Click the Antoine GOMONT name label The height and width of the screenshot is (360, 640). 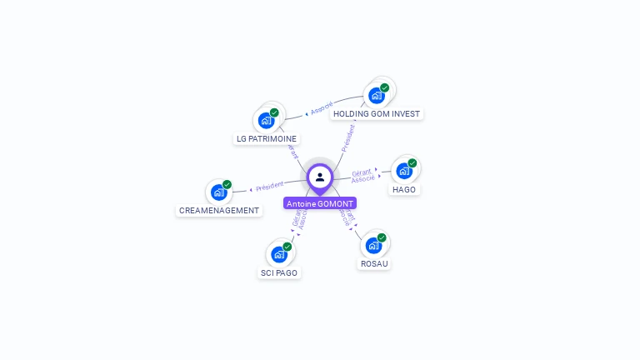point(320,203)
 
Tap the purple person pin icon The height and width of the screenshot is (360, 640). point(320,177)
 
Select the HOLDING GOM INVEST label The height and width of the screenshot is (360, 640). point(377,113)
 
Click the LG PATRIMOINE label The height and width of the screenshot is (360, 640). point(267,138)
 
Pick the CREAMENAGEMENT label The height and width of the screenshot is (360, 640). point(219,211)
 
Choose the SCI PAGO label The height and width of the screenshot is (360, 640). point(279,272)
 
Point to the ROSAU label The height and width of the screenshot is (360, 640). point(374,263)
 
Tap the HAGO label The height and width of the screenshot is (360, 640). point(404,189)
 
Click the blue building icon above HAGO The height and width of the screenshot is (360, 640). point(404,171)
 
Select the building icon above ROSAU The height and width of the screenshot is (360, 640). point(373,245)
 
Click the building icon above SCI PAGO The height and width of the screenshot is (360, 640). point(278,254)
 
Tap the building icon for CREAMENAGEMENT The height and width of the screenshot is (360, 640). point(218,192)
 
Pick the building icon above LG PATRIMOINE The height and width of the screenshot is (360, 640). point(266,120)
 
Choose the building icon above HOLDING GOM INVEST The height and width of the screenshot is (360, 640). point(376,95)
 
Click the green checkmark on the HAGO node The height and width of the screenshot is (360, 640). point(412,163)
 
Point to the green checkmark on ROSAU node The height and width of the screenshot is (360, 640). point(382,237)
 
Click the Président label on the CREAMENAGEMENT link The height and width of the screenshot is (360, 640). point(270,187)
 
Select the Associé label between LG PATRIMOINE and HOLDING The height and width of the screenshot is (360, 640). point(322,107)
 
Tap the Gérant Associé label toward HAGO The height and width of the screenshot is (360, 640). point(362,175)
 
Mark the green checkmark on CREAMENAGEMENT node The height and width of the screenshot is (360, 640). point(227,185)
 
